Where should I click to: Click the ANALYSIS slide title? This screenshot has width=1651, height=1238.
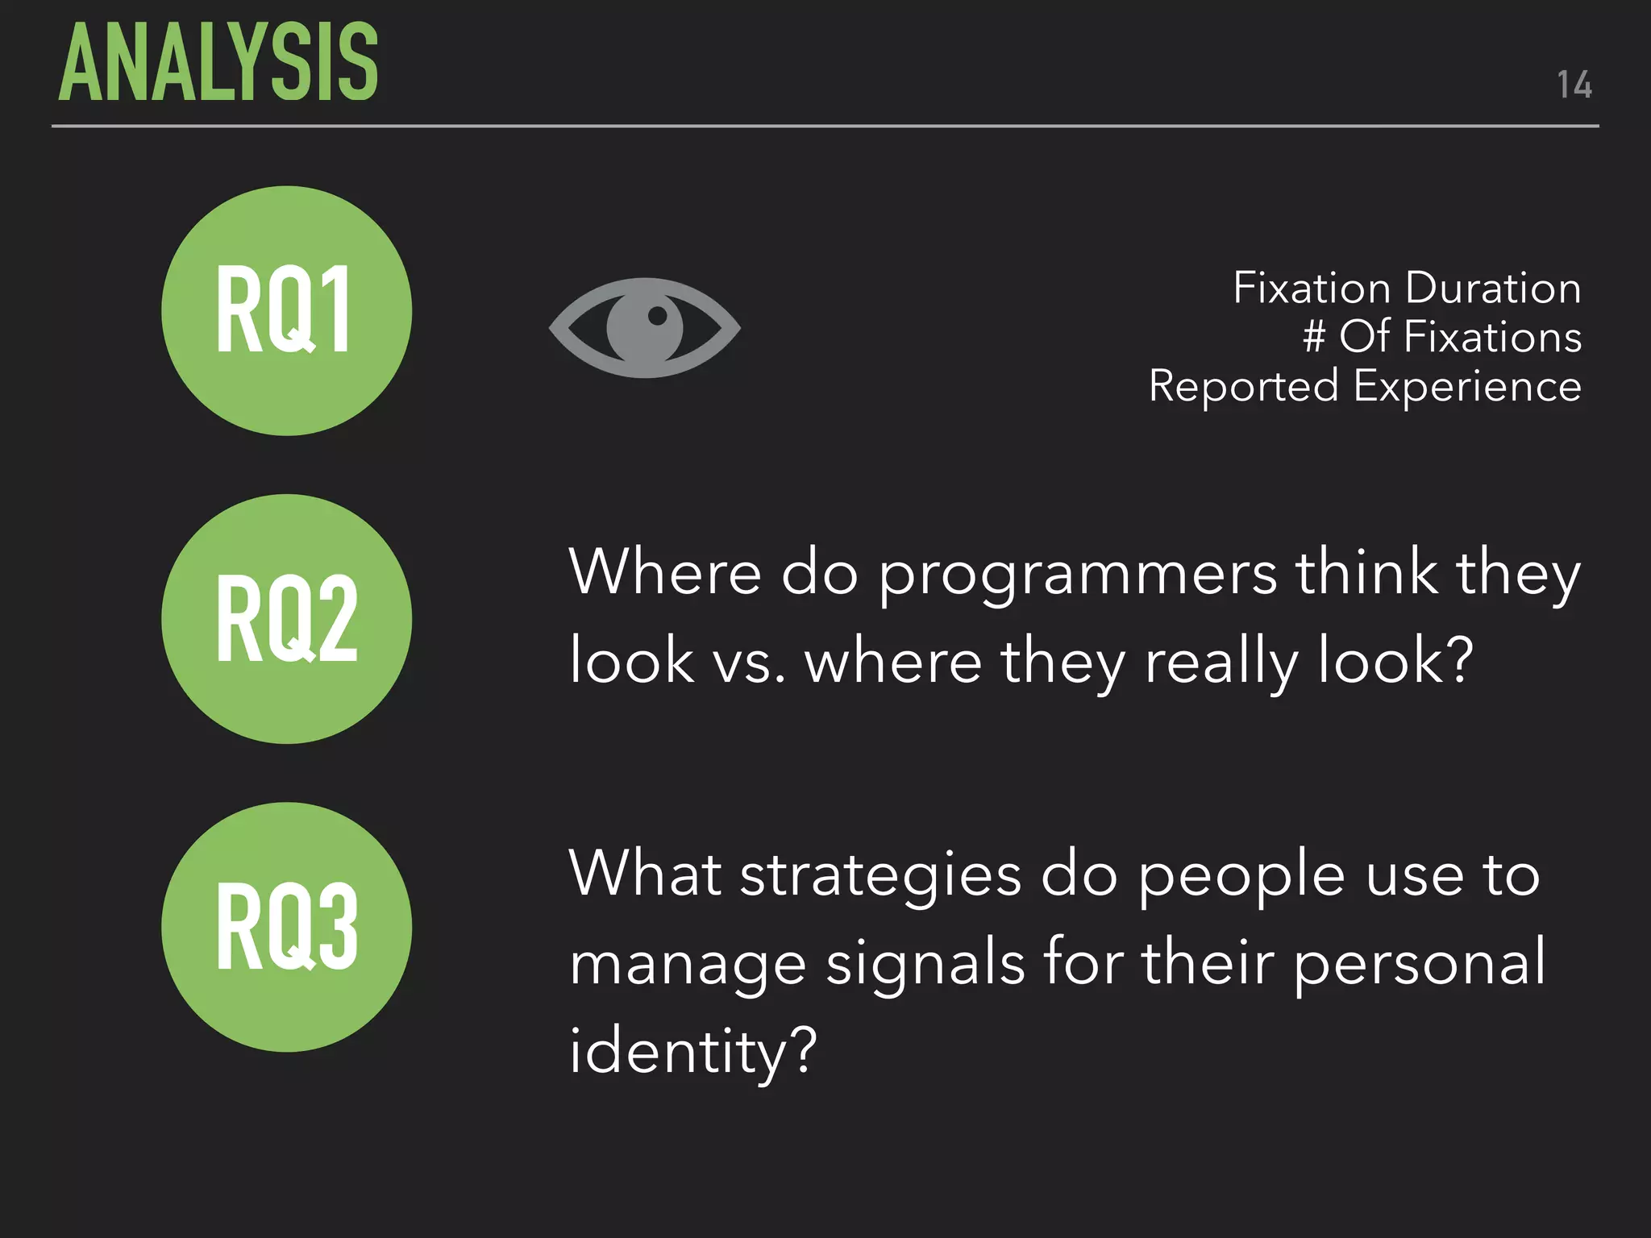point(218,63)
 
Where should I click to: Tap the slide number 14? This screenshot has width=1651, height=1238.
point(1574,85)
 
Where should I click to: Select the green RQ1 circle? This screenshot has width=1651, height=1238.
point(286,311)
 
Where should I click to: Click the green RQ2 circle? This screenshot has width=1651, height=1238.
point(286,619)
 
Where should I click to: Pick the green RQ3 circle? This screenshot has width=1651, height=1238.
point(286,927)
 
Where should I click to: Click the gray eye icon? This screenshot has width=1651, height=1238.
point(644,328)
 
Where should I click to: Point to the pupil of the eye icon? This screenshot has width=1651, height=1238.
point(657,316)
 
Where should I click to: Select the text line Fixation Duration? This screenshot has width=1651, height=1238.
point(1406,288)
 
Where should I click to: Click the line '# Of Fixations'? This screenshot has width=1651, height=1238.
point(1441,336)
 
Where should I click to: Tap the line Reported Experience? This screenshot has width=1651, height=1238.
point(1364,385)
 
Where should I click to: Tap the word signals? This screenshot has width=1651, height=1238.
point(925,964)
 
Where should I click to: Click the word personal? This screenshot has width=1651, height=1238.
point(1420,964)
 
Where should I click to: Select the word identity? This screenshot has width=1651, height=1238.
point(692,1053)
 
